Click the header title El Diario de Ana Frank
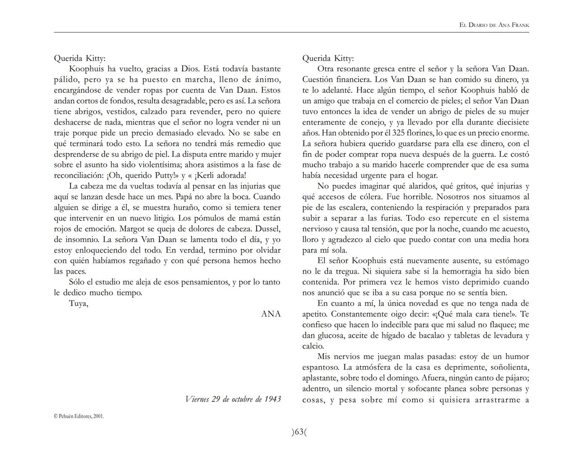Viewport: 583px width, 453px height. pyautogui.click(x=494, y=25)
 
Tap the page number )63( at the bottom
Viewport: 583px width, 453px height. pyautogui.click(x=299, y=432)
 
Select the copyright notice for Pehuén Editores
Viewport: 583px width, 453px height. pyautogui.click(x=79, y=416)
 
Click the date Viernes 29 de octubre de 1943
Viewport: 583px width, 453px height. pyautogui.click(x=233, y=399)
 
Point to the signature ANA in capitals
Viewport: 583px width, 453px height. pyautogui.click(x=271, y=314)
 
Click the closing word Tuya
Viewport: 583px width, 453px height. pyautogui.click(x=79, y=303)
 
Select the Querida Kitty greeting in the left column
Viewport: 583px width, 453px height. pyautogui.click(x=80, y=58)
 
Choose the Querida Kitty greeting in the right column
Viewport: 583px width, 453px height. pyautogui.click(x=328, y=58)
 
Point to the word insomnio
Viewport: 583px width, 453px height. pyautogui.click(x=81, y=240)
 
